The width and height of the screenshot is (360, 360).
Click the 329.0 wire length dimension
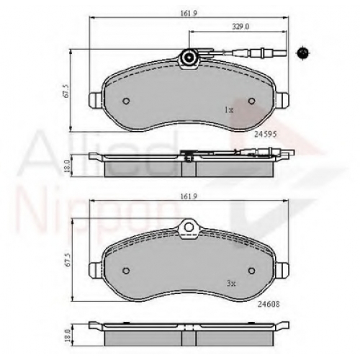(240, 27)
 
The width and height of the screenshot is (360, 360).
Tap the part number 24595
(266, 135)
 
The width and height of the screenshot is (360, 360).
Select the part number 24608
(269, 304)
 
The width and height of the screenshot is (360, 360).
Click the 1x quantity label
(229, 110)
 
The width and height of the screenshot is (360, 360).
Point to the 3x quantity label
(231, 284)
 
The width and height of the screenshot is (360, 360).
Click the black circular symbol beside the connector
(302, 53)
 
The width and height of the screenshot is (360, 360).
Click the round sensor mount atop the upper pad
(189, 58)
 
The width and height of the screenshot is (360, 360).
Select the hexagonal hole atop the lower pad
(189, 226)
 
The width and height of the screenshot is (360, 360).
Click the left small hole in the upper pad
(126, 101)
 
